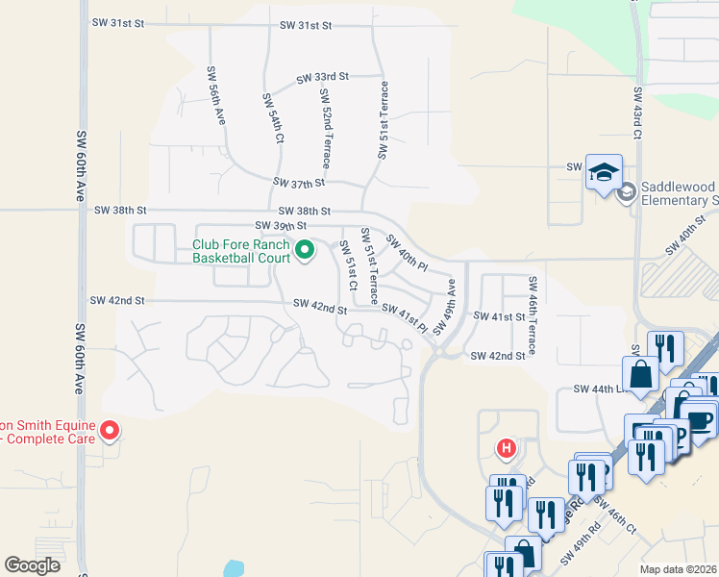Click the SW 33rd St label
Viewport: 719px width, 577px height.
point(322,77)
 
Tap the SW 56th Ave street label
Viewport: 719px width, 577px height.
point(216,97)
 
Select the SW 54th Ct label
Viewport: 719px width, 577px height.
point(274,118)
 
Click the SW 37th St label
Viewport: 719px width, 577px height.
point(299,182)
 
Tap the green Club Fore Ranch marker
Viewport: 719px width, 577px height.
point(306,251)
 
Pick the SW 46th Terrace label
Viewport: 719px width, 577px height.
point(532,312)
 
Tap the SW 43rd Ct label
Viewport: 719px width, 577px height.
point(637,120)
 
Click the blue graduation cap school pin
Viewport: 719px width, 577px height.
point(604,172)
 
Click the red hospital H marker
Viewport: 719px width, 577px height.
point(506,448)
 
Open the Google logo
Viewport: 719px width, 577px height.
point(32,565)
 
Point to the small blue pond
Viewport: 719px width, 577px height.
point(234,568)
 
